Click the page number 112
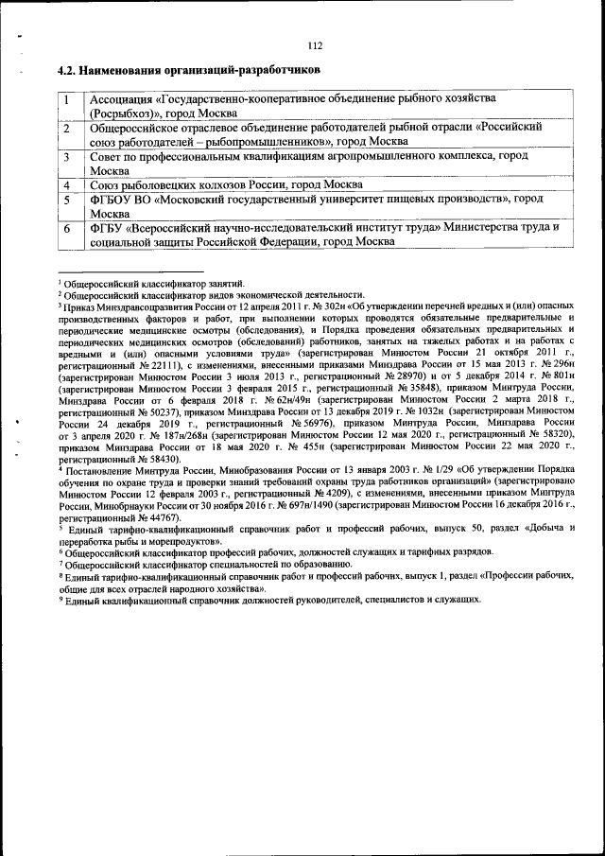pyautogui.click(x=315, y=45)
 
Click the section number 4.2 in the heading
pyautogui.click(x=66, y=70)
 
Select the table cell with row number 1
pyautogui.click(x=68, y=98)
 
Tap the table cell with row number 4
pyautogui.click(x=68, y=184)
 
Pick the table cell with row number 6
pyautogui.click(x=68, y=228)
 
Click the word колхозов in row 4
pyautogui.click(x=214, y=184)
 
